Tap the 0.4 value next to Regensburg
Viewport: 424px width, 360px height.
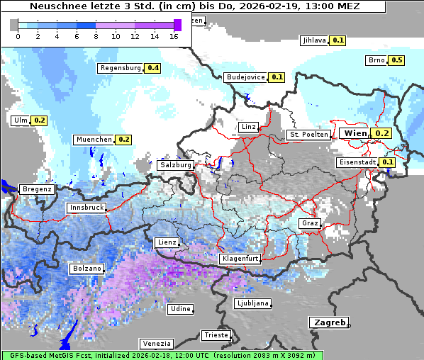[152, 69]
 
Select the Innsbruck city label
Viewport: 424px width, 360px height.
[86, 208]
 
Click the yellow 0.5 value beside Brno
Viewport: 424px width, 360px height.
[396, 60]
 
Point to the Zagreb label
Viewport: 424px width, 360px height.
[328, 322]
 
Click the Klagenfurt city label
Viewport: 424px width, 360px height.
[240, 259]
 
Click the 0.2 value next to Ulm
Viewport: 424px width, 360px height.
[39, 120]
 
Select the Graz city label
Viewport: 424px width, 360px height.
[310, 223]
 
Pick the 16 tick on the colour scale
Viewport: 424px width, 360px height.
[174, 35]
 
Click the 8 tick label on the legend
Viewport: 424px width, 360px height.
[96, 35]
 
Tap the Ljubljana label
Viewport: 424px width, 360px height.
[252, 303]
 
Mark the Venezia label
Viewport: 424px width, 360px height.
[155, 343]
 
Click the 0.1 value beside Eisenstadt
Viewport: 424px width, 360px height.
[387, 162]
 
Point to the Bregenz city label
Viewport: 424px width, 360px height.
[37, 189]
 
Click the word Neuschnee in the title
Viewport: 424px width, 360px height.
[58, 6]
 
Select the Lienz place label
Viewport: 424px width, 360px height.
[167, 242]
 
